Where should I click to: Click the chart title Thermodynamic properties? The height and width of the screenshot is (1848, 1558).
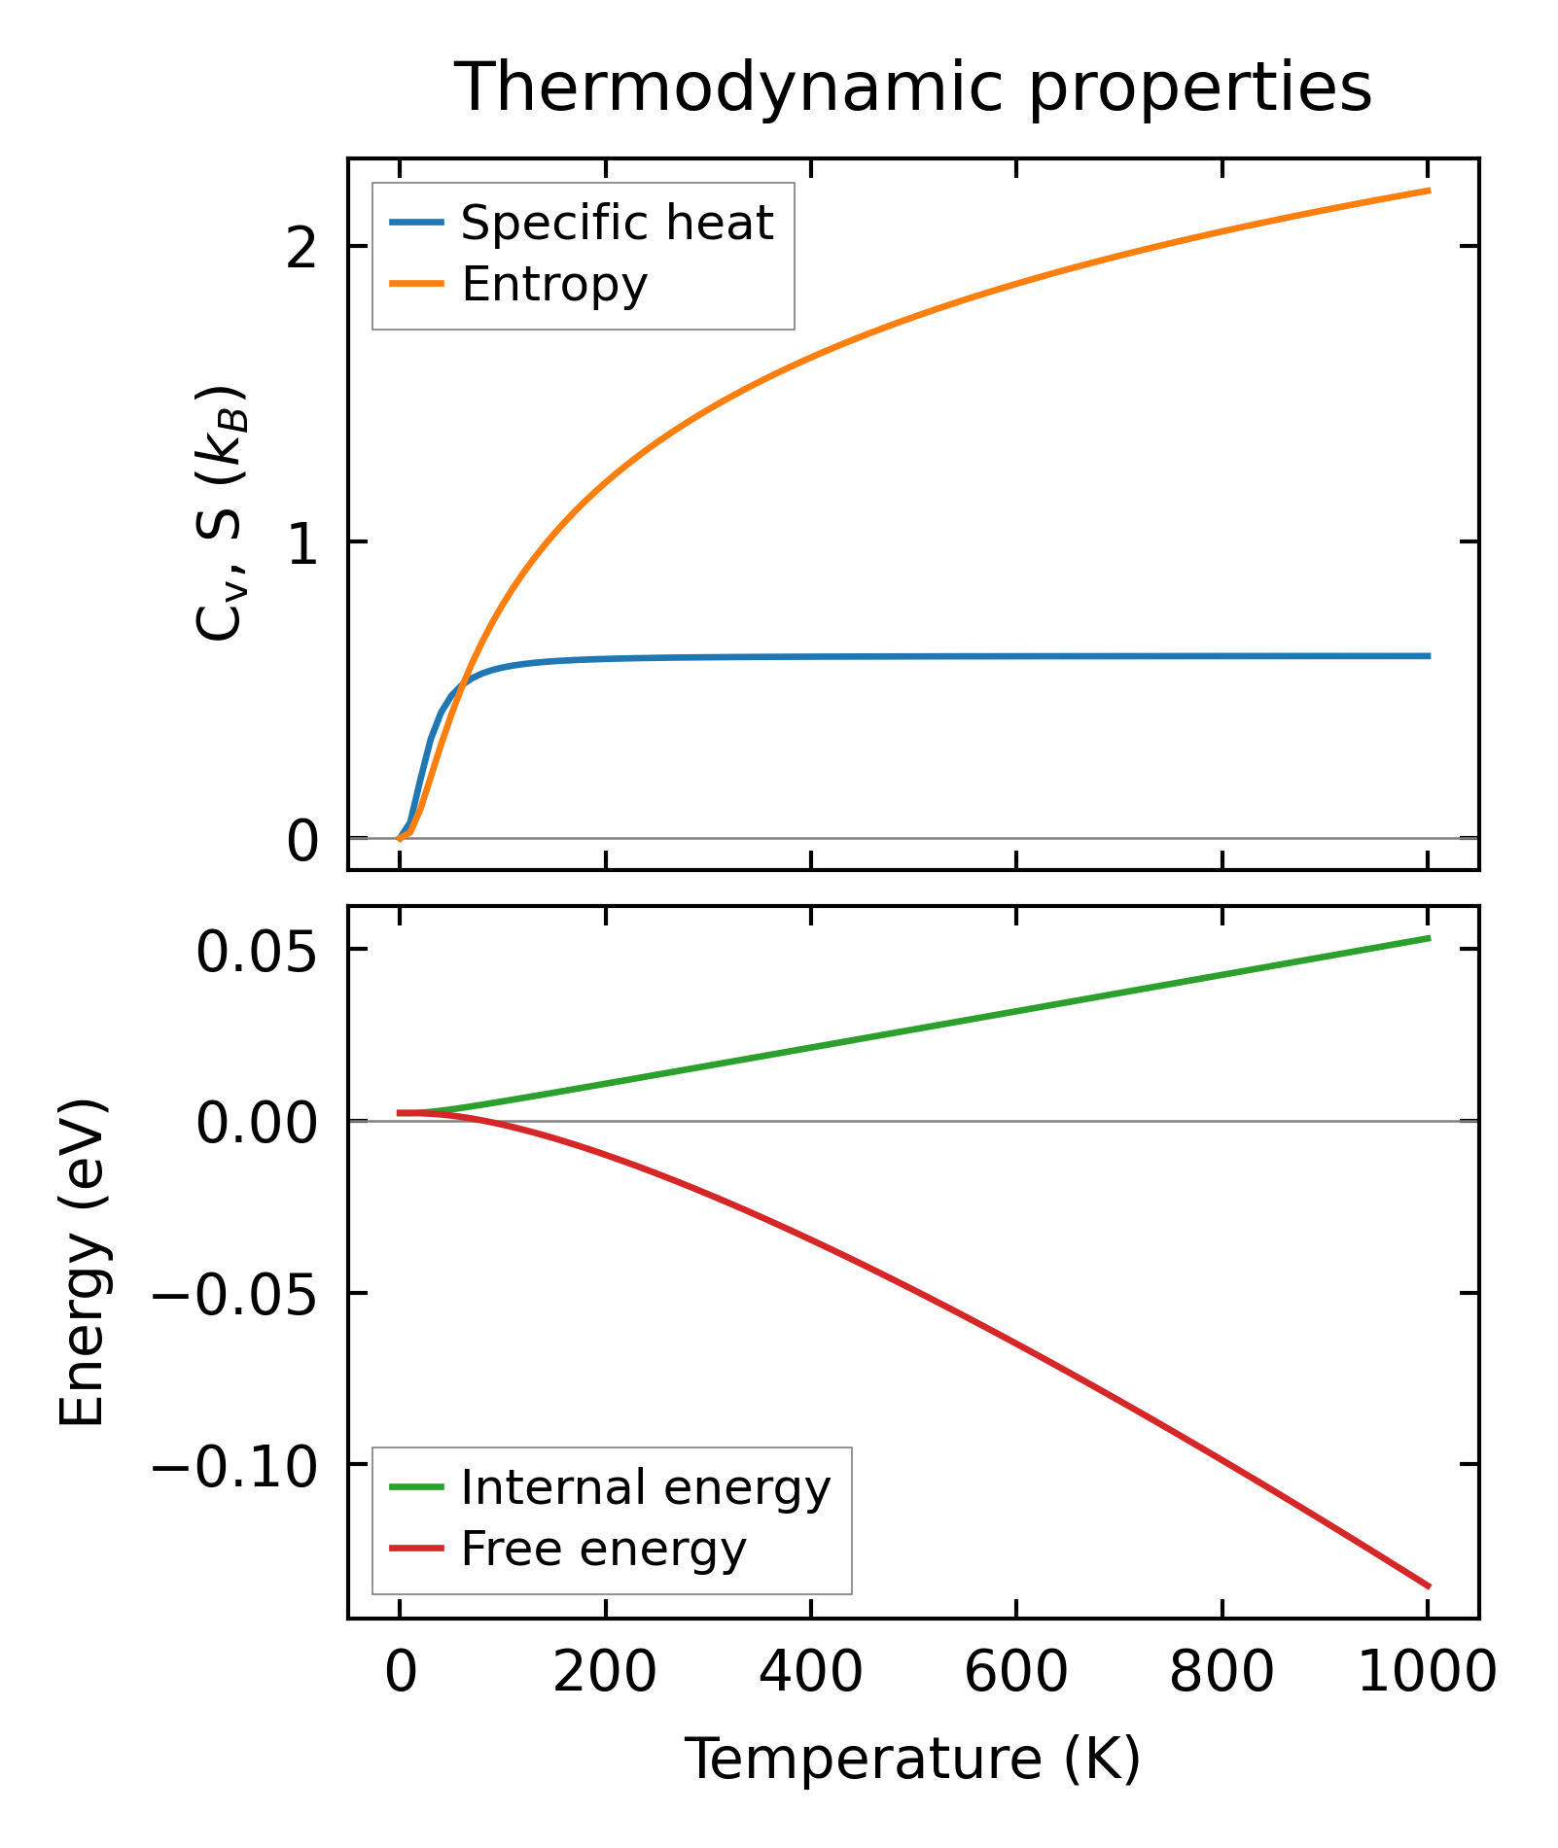click(x=913, y=88)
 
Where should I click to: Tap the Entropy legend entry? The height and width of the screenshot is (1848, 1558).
click(x=554, y=285)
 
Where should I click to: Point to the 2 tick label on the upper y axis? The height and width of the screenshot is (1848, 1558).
click(x=303, y=247)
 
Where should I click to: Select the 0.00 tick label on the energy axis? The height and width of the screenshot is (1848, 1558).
click(x=257, y=1123)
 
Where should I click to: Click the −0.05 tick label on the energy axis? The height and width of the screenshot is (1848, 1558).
click(x=234, y=1295)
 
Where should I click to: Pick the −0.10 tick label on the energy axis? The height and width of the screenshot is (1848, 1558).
click(x=234, y=1466)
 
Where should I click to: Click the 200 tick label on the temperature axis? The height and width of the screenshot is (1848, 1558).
click(x=605, y=1673)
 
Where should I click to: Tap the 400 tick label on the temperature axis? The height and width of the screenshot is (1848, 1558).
click(x=810, y=1673)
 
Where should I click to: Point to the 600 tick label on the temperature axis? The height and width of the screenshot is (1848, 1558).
click(x=1016, y=1673)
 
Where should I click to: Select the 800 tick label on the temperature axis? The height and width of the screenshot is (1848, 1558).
click(x=1222, y=1673)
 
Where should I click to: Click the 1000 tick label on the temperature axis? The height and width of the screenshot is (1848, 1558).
click(x=1427, y=1673)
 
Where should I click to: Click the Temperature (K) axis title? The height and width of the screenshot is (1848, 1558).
click(x=913, y=1760)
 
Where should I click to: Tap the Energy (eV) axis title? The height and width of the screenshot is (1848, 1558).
click(x=82, y=1263)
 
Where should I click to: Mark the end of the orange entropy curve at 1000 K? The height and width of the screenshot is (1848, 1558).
click(x=1429, y=191)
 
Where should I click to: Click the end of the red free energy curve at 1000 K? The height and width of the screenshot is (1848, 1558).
click(x=1429, y=1586)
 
